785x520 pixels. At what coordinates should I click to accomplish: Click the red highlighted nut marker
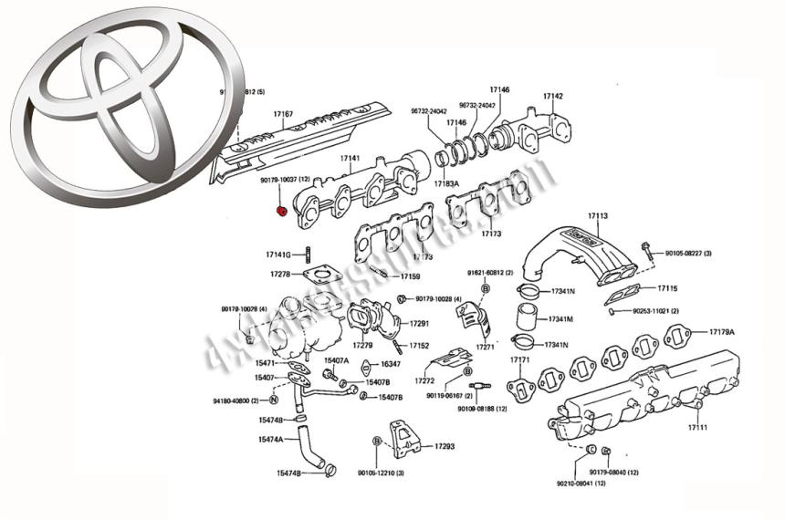click(x=282, y=212)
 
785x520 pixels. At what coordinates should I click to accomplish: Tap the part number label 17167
click(x=283, y=114)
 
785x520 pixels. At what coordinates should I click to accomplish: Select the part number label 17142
click(x=552, y=96)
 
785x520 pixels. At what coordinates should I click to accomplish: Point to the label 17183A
click(x=446, y=183)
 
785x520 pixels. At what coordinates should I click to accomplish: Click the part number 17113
click(x=598, y=216)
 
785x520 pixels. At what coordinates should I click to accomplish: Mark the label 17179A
click(x=722, y=332)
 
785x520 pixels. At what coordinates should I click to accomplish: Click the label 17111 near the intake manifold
click(x=697, y=427)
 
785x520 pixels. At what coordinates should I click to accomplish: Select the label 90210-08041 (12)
click(x=581, y=483)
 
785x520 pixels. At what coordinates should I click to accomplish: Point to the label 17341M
click(x=560, y=318)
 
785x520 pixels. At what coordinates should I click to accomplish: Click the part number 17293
click(x=445, y=446)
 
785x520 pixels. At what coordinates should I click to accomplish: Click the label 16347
click(x=390, y=364)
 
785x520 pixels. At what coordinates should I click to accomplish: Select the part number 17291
click(x=419, y=323)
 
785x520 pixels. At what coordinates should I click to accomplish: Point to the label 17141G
click(x=277, y=255)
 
